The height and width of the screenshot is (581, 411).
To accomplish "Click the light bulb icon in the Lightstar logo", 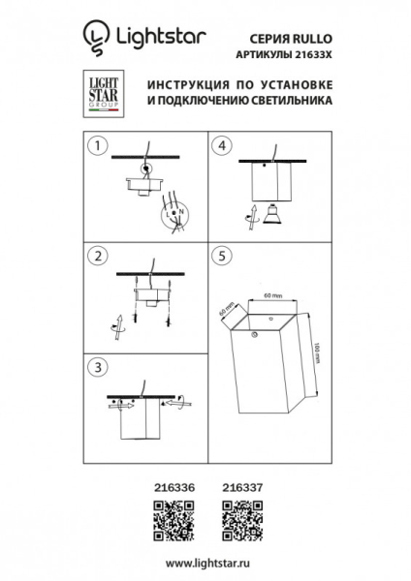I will [95, 37].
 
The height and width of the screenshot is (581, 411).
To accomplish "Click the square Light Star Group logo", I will [96, 94].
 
